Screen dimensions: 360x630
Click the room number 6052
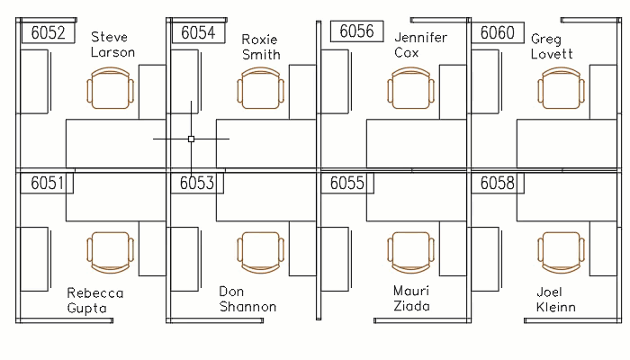pos(48,33)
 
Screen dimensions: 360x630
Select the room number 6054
pos(198,33)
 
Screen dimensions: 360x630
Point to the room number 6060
pos(497,33)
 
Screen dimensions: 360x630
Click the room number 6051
pos(47,184)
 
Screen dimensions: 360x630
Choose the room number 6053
pos(197,184)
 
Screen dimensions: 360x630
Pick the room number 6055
pos(347,184)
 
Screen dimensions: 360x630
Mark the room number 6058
pos(497,184)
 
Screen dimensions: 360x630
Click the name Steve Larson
pos(112,45)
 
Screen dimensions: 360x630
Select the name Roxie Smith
pos(261,47)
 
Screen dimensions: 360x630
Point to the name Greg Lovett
pos(551,47)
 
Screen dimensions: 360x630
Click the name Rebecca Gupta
pos(95,301)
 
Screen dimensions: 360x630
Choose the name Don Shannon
pos(247,300)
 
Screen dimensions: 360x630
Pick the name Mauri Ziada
pos(411,299)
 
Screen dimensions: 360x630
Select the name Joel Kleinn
pos(555,300)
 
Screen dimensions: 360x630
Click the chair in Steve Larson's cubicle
pos(111,91)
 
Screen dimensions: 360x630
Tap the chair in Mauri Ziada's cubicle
pos(411,252)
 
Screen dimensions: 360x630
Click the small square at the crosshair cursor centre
pos(191,139)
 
